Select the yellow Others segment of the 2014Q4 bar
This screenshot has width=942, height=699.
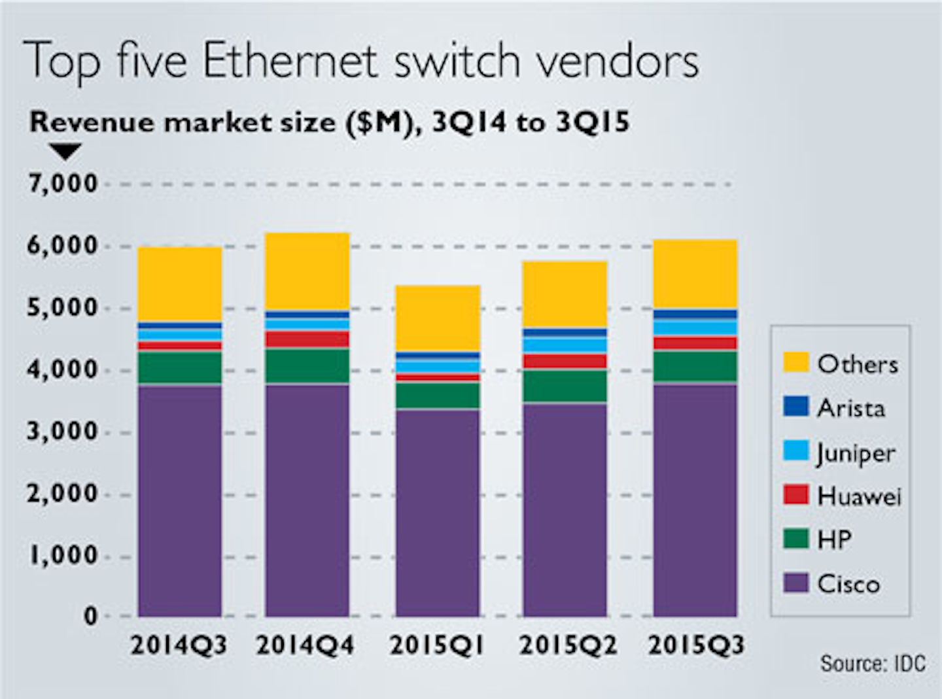pyautogui.click(x=307, y=271)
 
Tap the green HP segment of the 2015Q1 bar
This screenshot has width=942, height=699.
pyautogui.click(x=438, y=396)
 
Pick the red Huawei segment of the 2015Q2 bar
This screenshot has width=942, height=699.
pyautogui.click(x=565, y=361)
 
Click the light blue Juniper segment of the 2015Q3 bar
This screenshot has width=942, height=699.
pyautogui.click(x=695, y=327)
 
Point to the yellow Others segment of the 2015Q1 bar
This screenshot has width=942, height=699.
pyautogui.click(x=438, y=318)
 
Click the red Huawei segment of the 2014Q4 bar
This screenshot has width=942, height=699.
pyautogui.click(x=307, y=339)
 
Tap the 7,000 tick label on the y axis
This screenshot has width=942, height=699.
pyautogui.click(x=63, y=184)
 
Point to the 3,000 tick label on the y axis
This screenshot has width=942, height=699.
pyautogui.click(x=63, y=432)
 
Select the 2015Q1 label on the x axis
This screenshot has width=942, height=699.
pyautogui.click(x=437, y=646)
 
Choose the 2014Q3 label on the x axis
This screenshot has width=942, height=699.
pyautogui.click(x=179, y=646)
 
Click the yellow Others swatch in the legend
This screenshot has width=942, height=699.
pyautogui.click(x=795, y=363)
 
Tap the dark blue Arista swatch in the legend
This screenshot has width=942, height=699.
pyautogui.click(x=795, y=407)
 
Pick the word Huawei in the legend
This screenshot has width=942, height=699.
pyautogui.click(x=859, y=496)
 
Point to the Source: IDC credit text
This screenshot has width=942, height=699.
pyautogui.click(x=873, y=664)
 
